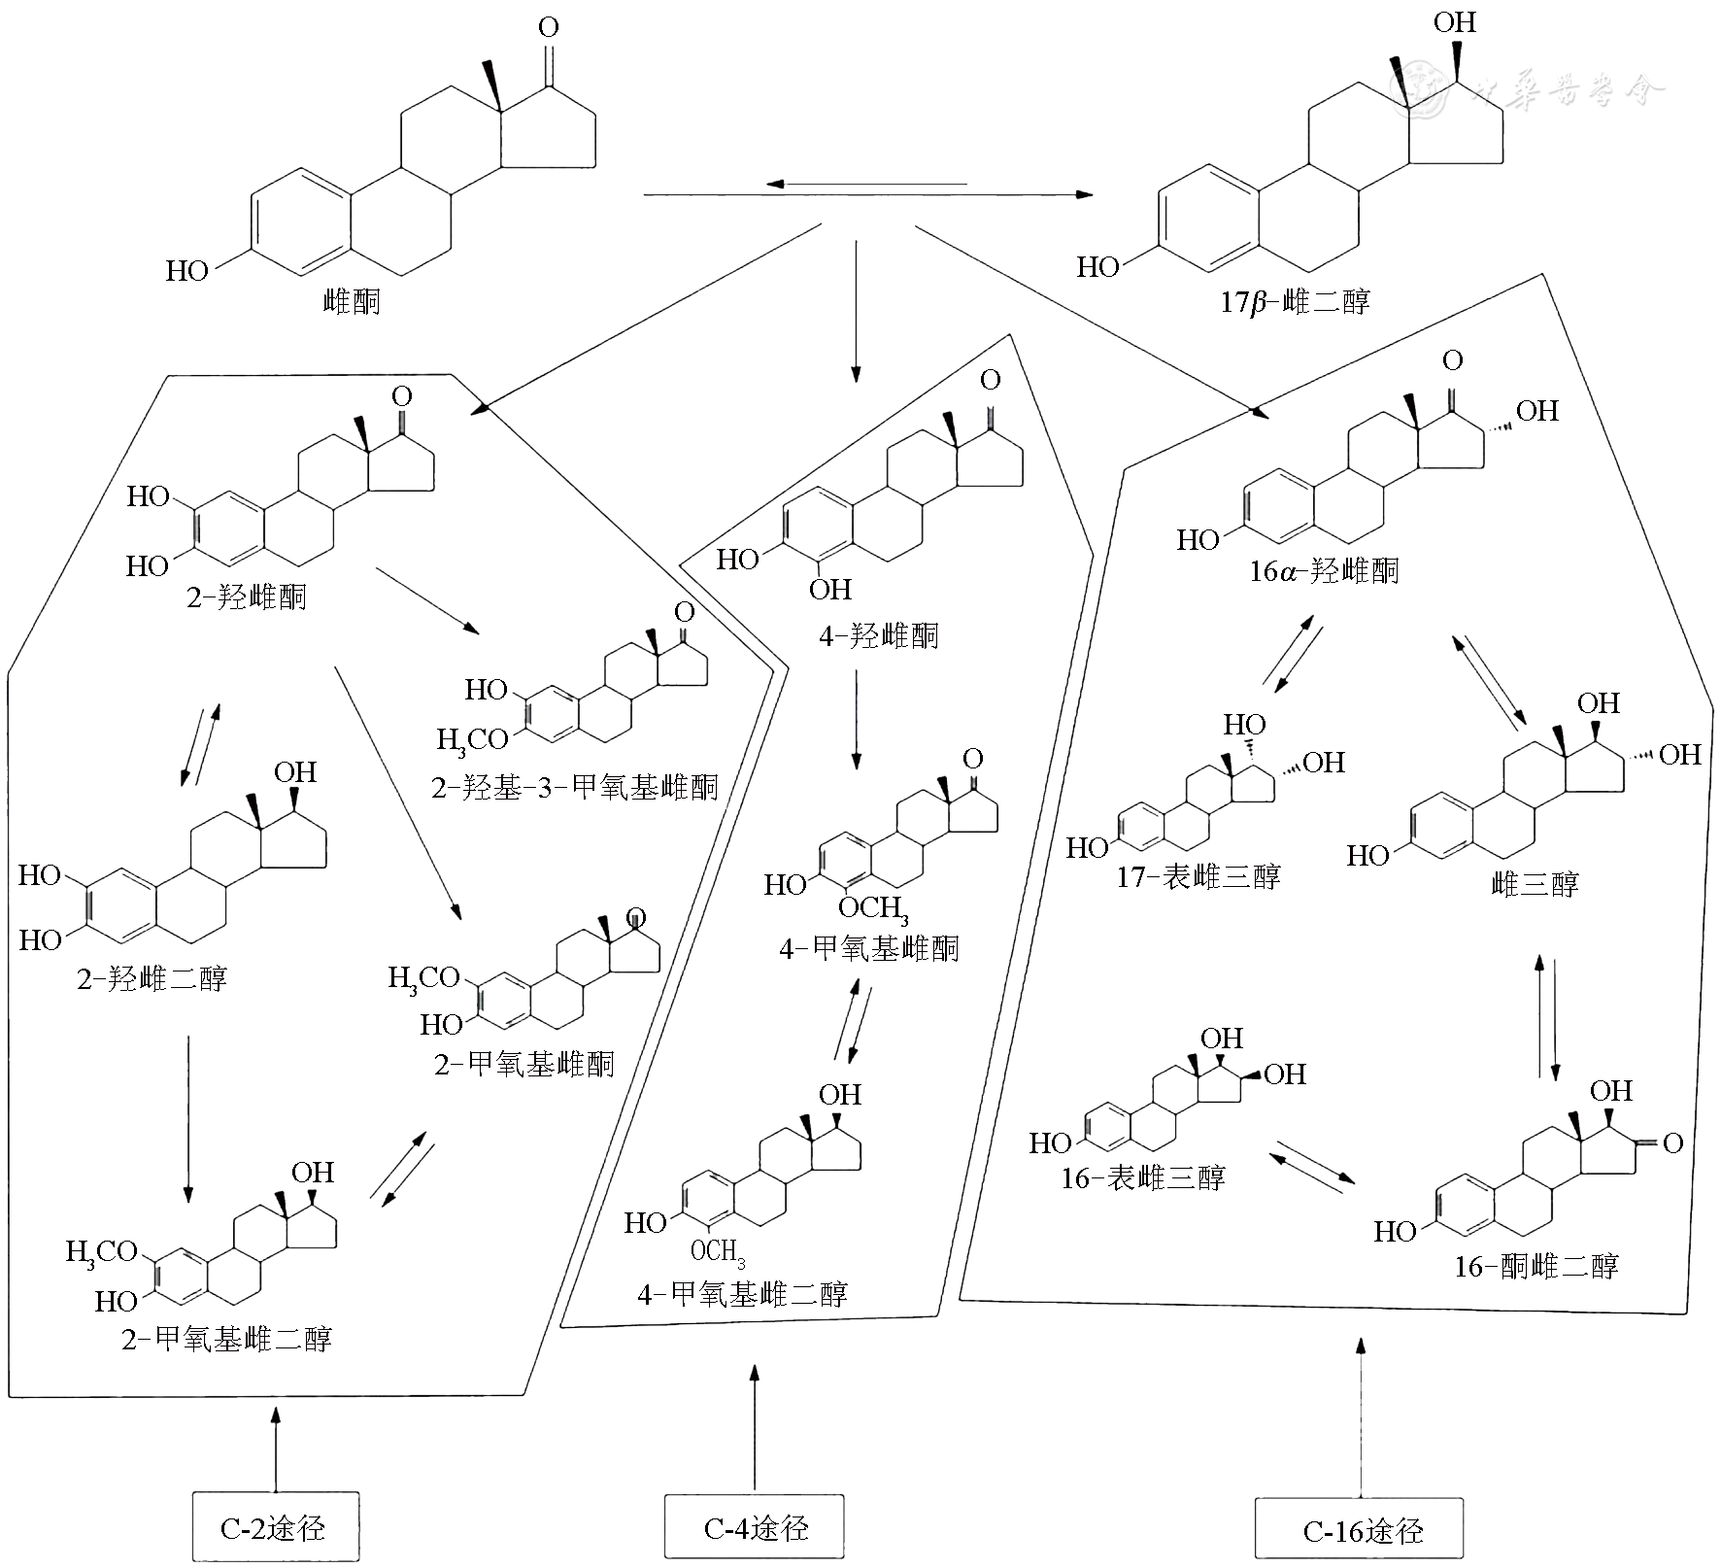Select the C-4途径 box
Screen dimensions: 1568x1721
tap(755, 1527)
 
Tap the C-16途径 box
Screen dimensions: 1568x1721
tap(1360, 1531)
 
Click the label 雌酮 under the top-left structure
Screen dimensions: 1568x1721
tap(352, 302)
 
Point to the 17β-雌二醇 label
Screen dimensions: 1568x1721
tap(1296, 302)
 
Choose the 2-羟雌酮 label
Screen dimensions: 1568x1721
tap(247, 596)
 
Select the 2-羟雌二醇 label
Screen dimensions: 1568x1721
tap(152, 978)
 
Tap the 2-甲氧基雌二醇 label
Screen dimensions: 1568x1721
tap(226, 1339)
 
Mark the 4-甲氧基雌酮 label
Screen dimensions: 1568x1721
tap(868, 947)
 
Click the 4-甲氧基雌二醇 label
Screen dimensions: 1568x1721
tap(742, 1294)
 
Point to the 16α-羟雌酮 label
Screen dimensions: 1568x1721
tap(1324, 570)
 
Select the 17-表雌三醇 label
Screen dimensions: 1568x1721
tap(1198, 877)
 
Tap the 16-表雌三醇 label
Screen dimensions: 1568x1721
tap(1143, 1178)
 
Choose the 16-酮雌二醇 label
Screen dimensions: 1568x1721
tap(1536, 1266)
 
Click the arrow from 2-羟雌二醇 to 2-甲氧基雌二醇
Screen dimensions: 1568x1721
tap(188, 1118)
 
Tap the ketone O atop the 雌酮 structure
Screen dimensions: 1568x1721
tap(549, 28)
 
